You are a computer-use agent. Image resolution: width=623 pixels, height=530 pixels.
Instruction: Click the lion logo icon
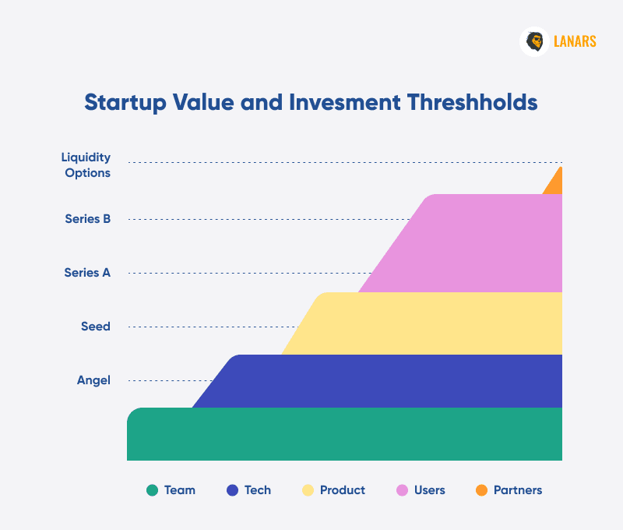[534, 42]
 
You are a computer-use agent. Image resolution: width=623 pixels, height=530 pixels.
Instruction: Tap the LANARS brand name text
[575, 41]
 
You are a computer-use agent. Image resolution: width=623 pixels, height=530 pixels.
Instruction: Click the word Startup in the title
[125, 103]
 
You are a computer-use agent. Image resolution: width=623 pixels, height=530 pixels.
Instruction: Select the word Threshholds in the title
[472, 102]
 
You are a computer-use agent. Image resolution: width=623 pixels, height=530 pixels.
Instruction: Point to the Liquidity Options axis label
[86, 165]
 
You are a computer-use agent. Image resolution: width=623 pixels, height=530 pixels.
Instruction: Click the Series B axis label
[88, 219]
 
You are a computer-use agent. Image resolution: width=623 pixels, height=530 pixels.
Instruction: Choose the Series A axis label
[87, 273]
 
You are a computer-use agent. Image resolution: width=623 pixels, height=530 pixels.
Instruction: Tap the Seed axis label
[96, 327]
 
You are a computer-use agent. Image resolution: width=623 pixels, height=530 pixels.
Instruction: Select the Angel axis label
[93, 380]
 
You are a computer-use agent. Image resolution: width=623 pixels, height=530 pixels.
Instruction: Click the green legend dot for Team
[152, 490]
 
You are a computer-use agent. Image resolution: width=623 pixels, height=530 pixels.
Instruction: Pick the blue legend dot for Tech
[232, 490]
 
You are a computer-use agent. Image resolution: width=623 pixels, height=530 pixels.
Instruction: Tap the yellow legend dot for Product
[308, 490]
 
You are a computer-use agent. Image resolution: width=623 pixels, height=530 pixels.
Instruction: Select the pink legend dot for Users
[402, 490]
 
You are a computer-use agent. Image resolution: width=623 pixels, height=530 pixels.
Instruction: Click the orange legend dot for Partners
[481, 490]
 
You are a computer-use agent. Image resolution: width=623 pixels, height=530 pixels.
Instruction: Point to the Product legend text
[343, 490]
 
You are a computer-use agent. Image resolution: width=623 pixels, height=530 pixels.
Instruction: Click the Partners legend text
[518, 490]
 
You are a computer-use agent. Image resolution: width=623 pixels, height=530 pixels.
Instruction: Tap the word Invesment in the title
[345, 102]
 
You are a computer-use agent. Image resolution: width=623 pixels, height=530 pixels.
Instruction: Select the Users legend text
[430, 490]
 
